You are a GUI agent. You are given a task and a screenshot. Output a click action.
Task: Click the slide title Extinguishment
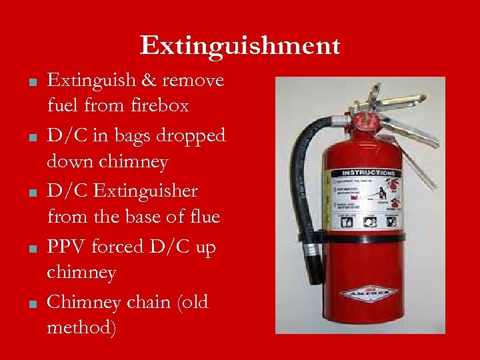240,46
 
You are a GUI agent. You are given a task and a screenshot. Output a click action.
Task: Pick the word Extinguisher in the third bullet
147,191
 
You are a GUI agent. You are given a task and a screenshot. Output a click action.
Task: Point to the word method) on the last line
80,327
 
